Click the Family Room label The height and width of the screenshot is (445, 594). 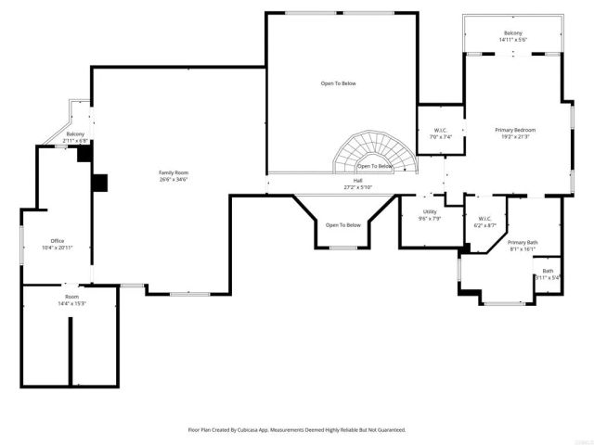pos(174,173)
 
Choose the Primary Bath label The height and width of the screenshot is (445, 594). pos(523,242)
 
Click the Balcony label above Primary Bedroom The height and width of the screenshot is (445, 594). pos(513,32)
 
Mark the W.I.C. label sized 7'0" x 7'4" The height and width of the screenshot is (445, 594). pos(442,130)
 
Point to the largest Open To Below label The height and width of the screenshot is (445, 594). pos(339,83)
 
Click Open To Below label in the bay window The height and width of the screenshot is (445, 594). pos(342,225)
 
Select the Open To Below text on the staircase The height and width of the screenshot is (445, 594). pos(375,166)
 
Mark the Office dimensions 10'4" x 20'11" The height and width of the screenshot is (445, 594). pos(58,248)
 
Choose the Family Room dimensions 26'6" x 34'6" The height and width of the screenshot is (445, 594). pos(174,180)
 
